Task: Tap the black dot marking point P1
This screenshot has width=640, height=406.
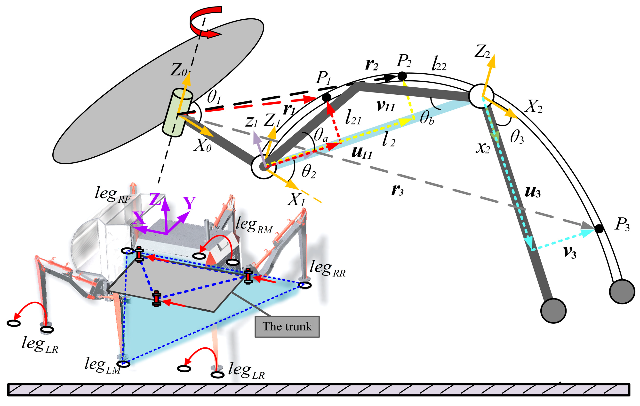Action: pos(326,97)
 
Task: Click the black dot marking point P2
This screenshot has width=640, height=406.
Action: pos(402,76)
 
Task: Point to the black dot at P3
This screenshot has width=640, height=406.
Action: pos(599,229)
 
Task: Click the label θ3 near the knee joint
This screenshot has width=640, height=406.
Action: pos(517,138)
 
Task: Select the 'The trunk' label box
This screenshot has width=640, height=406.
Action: pos(287,327)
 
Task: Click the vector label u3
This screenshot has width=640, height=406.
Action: pos(533,192)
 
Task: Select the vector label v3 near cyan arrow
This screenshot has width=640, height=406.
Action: pos(569,252)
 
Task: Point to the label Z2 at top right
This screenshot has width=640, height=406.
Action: pos(482,52)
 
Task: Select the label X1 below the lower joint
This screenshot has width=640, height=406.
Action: pos(296,199)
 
